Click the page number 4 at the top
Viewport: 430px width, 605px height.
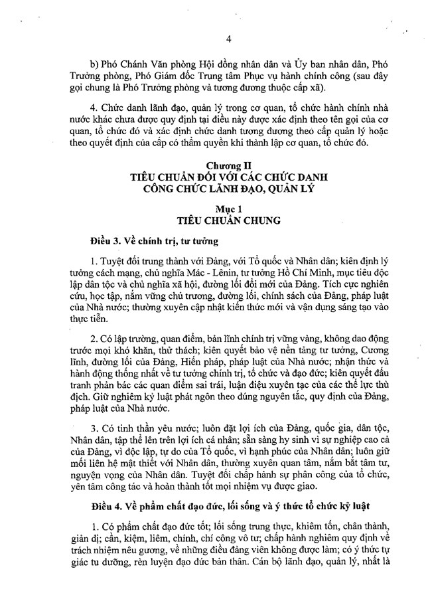pyautogui.click(x=228, y=39)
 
